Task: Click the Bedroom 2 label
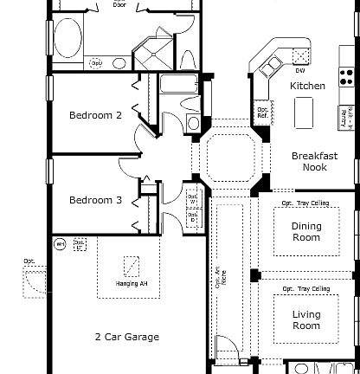tap(96, 115)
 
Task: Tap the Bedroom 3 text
tap(96, 200)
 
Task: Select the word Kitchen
tap(307, 86)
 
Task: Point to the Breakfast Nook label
tap(309, 162)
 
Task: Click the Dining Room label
tap(305, 232)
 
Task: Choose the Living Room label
tap(305, 320)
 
